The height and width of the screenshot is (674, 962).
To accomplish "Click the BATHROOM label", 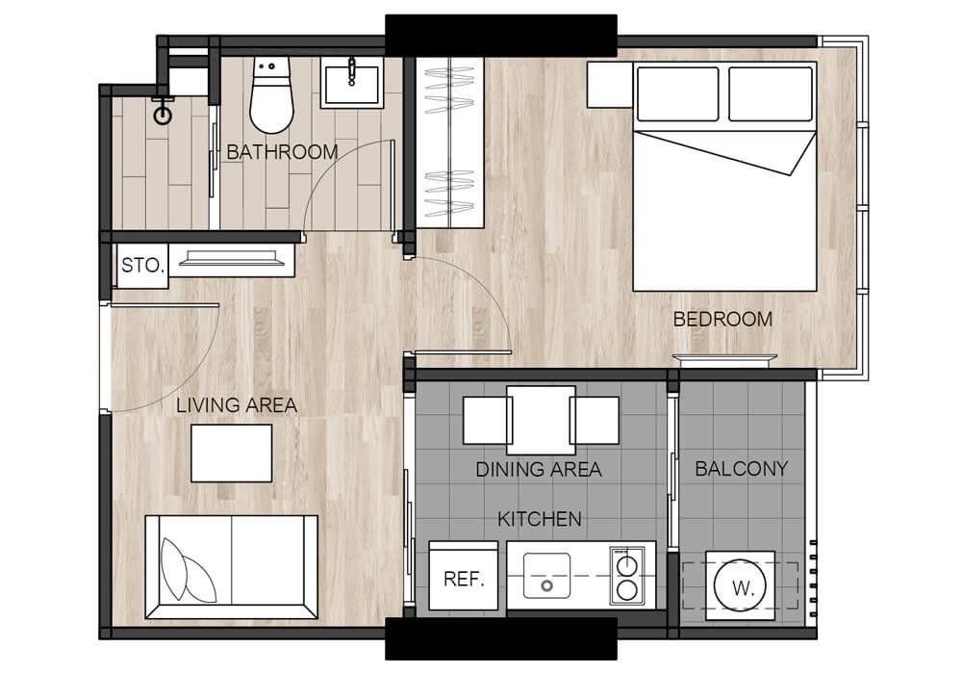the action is (282, 152).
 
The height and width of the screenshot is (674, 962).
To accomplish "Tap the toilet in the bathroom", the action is (271, 95).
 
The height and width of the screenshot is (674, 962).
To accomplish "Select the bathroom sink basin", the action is (351, 85).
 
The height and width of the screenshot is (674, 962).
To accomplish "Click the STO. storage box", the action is (142, 266).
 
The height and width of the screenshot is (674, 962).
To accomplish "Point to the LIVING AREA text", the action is (237, 405).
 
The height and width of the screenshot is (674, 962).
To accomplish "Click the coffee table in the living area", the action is (231, 453).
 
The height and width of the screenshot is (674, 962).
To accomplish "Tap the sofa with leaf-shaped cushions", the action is (231, 566).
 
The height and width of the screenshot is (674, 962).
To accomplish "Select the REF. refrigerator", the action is (464, 575).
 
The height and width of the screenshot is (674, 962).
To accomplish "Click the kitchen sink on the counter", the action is (546, 575).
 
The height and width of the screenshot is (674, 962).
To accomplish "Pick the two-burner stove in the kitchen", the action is (627, 575).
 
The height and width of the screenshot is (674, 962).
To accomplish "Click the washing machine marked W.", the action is (740, 585).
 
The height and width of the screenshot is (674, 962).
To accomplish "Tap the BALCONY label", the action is (741, 469).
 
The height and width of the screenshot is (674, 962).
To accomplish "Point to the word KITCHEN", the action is (540, 519).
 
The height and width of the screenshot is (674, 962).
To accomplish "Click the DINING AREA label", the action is (539, 470).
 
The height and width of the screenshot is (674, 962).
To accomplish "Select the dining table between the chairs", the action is (541, 421).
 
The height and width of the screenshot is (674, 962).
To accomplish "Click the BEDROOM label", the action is (722, 320).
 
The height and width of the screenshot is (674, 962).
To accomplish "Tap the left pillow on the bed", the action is (678, 94).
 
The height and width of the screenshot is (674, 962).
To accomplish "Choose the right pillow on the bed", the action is (771, 94).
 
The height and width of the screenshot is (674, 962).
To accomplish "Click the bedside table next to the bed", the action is (610, 85).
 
